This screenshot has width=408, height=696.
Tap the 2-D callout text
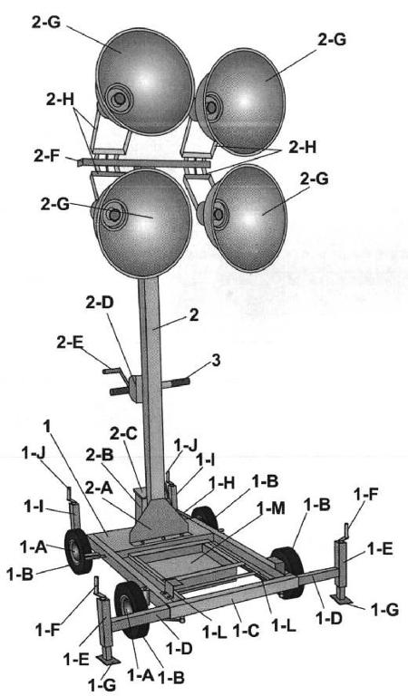(x=101, y=303)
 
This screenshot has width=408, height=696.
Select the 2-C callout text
(x=125, y=434)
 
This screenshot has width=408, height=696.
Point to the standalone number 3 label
(x=216, y=361)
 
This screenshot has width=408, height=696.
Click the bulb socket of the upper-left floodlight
(x=118, y=97)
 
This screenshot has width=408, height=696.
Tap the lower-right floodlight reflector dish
(x=245, y=217)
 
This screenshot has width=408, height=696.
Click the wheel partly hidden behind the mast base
(x=205, y=518)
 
